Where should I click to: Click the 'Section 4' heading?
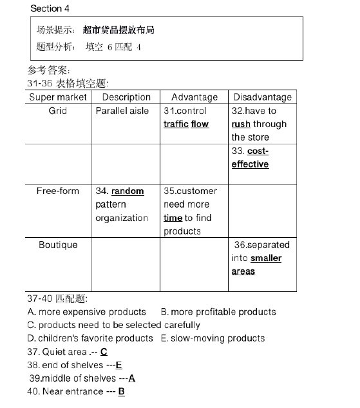[x=50, y=8]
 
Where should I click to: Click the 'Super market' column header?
[x=58, y=97]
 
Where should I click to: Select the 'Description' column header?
[x=126, y=97]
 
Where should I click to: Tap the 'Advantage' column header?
[x=194, y=97]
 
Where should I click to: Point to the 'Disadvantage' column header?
[x=262, y=97]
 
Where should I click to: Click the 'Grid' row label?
[x=58, y=111]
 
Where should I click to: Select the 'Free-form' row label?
[x=58, y=191]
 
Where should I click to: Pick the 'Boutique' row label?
[x=58, y=245]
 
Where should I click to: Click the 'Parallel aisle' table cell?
[x=122, y=111]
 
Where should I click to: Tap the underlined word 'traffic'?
[x=175, y=124]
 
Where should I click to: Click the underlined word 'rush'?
[x=241, y=124]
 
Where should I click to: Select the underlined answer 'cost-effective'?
[x=251, y=158]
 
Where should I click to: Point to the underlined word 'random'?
[x=128, y=191]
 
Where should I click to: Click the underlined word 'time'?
[x=173, y=219]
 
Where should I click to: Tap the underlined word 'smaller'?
[x=266, y=258]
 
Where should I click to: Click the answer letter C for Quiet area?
[x=104, y=352]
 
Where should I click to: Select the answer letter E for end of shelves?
[x=119, y=365]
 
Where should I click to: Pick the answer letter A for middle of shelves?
[x=132, y=378]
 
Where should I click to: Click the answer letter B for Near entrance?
[x=121, y=392]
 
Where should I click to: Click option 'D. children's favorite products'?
[x=90, y=338]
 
